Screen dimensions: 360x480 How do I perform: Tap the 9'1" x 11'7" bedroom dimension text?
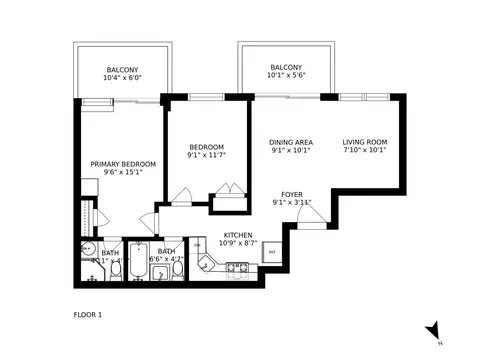tap(205, 155)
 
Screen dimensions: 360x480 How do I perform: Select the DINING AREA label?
tap(292, 142)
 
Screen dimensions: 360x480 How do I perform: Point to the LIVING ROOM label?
tap(364, 142)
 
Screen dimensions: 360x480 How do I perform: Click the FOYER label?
tap(292, 194)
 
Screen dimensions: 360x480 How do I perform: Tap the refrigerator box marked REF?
tap(270, 254)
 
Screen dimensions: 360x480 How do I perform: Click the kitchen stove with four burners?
tap(238, 267)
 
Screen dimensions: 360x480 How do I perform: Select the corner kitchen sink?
tap(206, 265)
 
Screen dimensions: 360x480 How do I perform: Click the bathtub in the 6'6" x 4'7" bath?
tap(138, 262)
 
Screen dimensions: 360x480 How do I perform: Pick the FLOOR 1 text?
tap(88, 315)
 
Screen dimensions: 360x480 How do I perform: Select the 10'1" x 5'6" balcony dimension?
tap(286, 76)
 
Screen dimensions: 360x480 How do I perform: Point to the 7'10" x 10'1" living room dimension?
tap(364, 153)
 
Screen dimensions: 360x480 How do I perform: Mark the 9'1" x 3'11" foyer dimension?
tap(292, 203)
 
